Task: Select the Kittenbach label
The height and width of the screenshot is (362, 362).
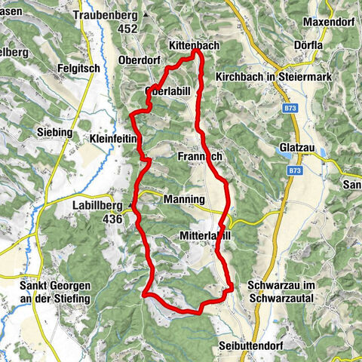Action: (194, 46)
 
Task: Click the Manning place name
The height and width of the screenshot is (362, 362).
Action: (183, 199)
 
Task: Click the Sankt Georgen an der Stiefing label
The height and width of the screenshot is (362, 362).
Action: (54, 292)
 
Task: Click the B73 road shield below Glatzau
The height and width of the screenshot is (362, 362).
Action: (294, 171)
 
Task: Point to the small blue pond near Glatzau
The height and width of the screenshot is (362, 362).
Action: (325, 153)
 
